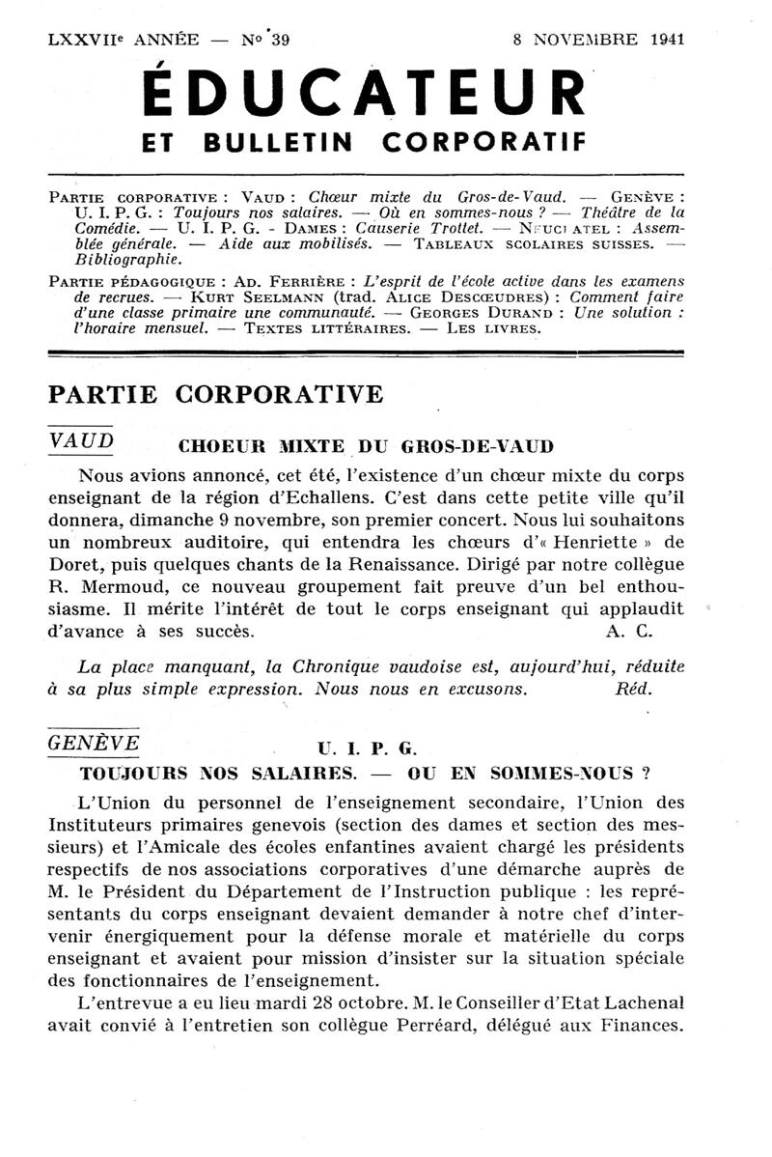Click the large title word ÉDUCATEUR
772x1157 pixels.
tap(363, 96)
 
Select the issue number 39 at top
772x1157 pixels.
tap(280, 40)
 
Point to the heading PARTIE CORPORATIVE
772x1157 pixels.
tap(215, 394)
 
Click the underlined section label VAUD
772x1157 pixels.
tap(80, 439)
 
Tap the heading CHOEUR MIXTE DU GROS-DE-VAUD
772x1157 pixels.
tap(367, 446)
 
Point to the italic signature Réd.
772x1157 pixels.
tap(633, 689)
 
